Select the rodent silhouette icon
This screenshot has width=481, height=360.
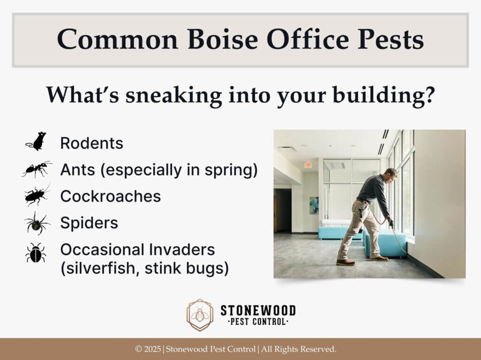click(x=37, y=141)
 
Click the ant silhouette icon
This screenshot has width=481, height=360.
click(x=37, y=169)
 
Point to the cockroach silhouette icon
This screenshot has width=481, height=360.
click(x=37, y=195)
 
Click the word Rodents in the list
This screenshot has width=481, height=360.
click(x=92, y=143)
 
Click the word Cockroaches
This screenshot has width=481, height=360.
click(x=110, y=196)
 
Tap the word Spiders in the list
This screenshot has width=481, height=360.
click(x=89, y=223)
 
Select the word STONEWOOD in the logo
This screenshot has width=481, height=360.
click(x=258, y=310)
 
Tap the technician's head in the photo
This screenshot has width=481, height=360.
click(x=391, y=174)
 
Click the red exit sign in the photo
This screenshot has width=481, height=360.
click(x=308, y=165)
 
